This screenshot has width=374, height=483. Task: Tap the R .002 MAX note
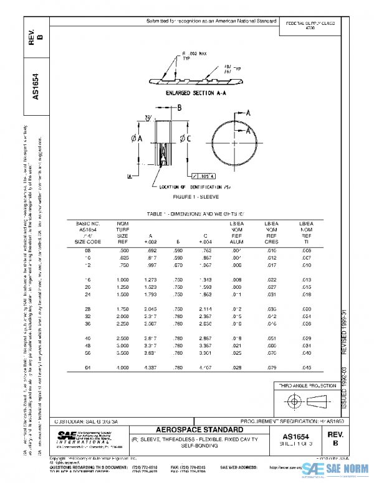click(x=194, y=54)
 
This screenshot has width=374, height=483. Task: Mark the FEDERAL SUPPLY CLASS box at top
click(x=310, y=26)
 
